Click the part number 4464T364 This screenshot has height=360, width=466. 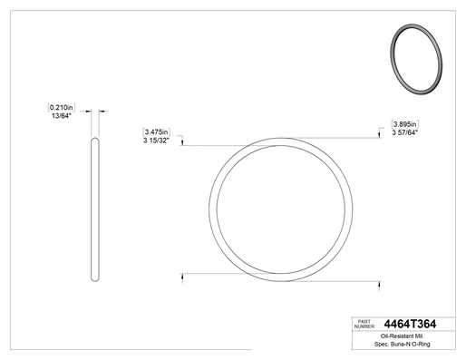[x=410, y=324]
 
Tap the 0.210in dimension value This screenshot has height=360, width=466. [x=62, y=107]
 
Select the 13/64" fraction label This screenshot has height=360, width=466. [x=61, y=116]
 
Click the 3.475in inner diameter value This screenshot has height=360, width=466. [x=156, y=132]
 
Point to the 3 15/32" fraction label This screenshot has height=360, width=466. [x=156, y=141]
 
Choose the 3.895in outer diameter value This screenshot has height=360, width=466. [x=405, y=124]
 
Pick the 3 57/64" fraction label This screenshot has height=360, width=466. [x=405, y=132]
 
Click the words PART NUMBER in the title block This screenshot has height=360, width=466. [x=364, y=324]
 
